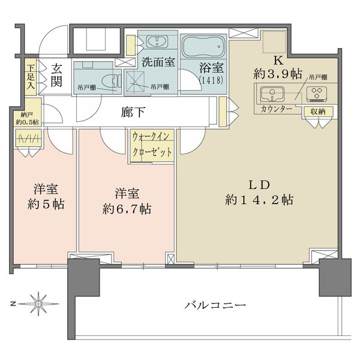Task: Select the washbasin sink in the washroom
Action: (x=158, y=42)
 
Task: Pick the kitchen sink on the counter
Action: (x=273, y=93)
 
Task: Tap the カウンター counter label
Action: (x=276, y=109)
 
